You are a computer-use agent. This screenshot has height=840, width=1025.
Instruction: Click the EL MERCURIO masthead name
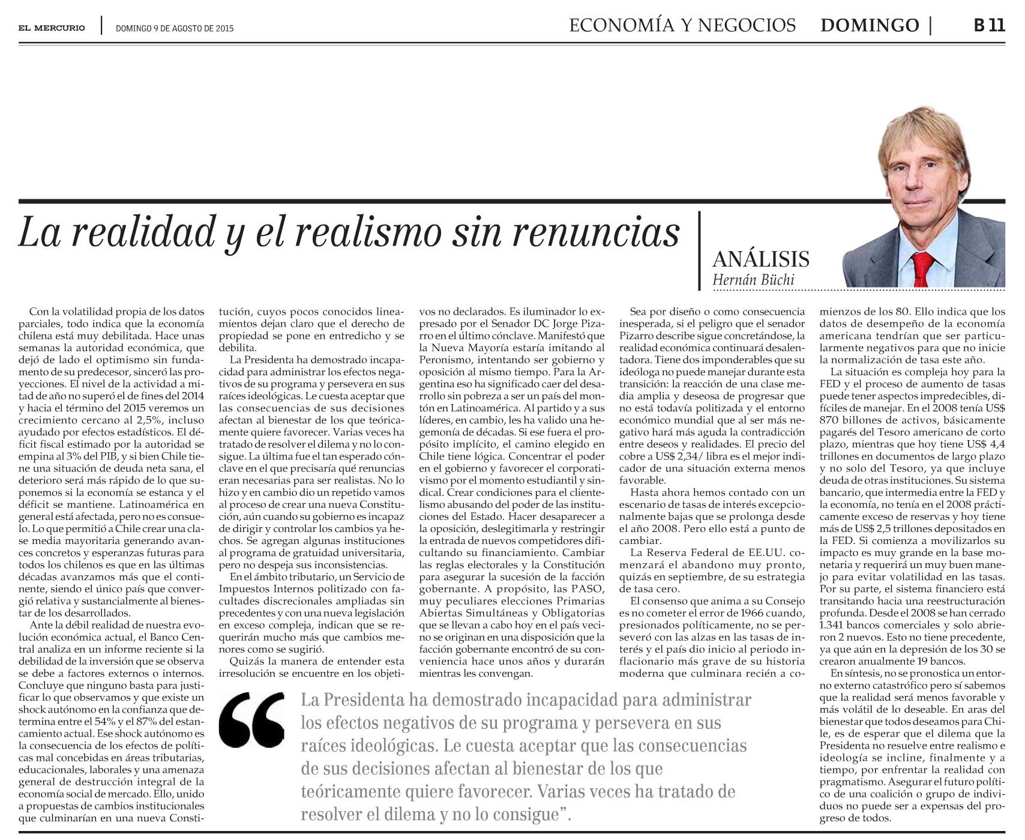(x=52, y=28)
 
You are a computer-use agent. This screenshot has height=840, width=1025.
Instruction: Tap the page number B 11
(x=988, y=25)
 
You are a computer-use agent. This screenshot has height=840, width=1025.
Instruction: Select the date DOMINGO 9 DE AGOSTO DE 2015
(x=174, y=28)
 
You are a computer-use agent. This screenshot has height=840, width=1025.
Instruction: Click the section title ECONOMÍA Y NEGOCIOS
(x=682, y=25)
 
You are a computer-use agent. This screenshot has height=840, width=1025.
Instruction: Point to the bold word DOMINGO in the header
(x=870, y=25)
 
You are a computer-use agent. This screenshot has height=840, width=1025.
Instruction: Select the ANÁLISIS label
(x=761, y=259)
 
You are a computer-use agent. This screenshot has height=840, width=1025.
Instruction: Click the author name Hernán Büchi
(x=753, y=280)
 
